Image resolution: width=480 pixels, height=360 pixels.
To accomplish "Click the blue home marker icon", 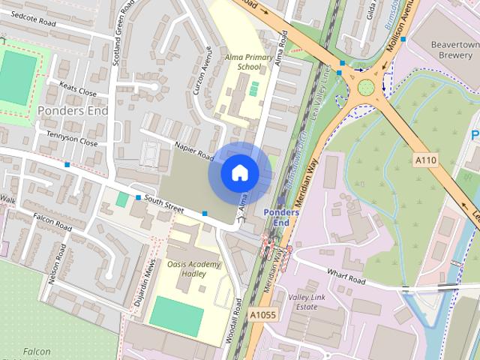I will (239, 172).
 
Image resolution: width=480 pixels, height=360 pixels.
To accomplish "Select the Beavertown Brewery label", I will (454, 50).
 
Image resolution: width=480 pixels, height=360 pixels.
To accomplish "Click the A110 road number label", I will (424, 160).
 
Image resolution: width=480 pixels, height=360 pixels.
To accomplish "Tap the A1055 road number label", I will (263, 315).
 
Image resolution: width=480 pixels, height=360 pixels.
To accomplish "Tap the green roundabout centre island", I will (366, 88).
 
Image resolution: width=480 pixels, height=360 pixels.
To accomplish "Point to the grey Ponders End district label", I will (72, 111).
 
